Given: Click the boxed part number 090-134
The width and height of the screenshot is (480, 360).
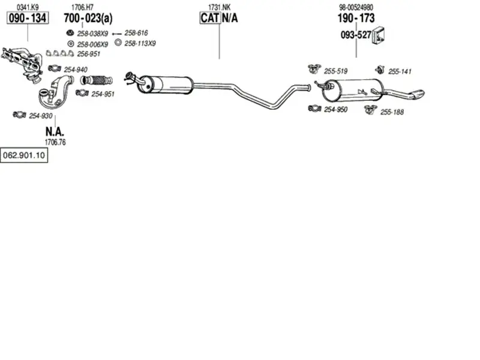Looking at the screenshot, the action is pyautogui.click(x=28, y=18).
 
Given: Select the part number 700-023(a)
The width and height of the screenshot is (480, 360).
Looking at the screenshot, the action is pyautogui.click(x=88, y=19).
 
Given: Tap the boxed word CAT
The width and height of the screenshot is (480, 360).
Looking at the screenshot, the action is pyautogui.click(x=210, y=18).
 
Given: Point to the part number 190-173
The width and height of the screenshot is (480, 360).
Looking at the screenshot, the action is pyautogui.click(x=356, y=18).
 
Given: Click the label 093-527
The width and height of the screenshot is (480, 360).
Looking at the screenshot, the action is pyautogui.click(x=356, y=35).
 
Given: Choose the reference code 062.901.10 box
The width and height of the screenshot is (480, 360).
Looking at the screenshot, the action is pyautogui.click(x=24, y=155).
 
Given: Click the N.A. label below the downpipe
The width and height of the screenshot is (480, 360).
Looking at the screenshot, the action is pyautogui.click(x=55, y=131).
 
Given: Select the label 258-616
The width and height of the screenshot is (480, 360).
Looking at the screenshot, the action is pyautogui.click(x=136, y=33).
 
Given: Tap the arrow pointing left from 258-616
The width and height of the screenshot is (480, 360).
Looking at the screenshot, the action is pyautogui.click(x=117, y=34).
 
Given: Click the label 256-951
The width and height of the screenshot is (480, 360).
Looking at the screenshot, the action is pyautogui.click(x=88, y=54).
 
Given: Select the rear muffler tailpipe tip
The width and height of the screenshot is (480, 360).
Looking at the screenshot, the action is pyautogui.click(x=417, y=94).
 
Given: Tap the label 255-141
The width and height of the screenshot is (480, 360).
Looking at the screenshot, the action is pyautogui.click(x=400, y=71).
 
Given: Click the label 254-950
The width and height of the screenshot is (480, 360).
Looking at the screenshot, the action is pyautogui.click(x=335, y=110).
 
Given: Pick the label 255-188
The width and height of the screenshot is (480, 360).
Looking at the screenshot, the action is pyautogui.click(x=392, y=112).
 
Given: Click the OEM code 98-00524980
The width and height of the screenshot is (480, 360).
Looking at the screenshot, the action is pyautogui.click(x=356, y=7).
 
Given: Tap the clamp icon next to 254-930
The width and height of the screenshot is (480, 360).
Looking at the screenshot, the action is pyautogui.click(x=19, y=115).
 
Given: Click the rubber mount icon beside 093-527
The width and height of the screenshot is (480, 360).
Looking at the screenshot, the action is pyautogui.click(x=379, y=35).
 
